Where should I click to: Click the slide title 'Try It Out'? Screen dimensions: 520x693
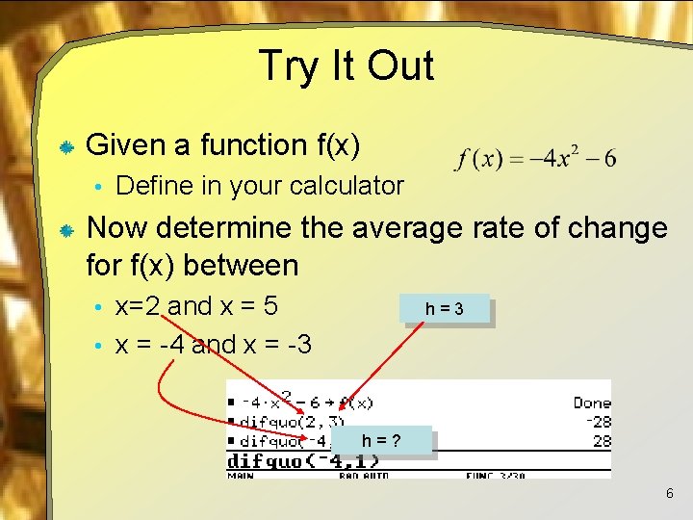[346, 66]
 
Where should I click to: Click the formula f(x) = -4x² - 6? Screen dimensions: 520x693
[537, 159]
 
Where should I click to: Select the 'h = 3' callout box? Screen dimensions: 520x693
[446, 309]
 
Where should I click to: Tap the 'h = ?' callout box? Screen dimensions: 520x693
[381, 441]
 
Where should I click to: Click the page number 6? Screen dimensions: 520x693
[669, 494]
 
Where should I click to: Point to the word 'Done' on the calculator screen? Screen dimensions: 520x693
[591, 403]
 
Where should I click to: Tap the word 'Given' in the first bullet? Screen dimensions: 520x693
[125, 145]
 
